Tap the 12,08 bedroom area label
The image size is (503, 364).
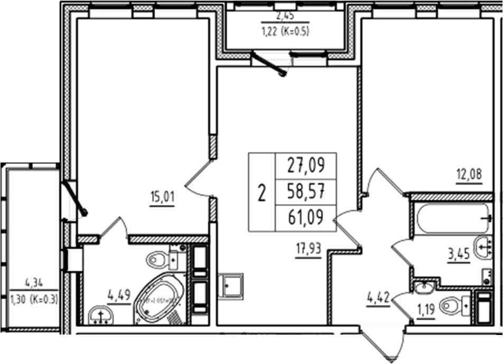(469, 174)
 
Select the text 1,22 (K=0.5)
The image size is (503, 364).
(285, 30)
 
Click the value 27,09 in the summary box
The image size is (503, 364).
(306, 166)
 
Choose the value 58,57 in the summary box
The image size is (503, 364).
(306, 191)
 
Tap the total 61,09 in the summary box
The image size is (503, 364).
(306, 217)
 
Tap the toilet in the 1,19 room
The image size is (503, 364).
(452, 305)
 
